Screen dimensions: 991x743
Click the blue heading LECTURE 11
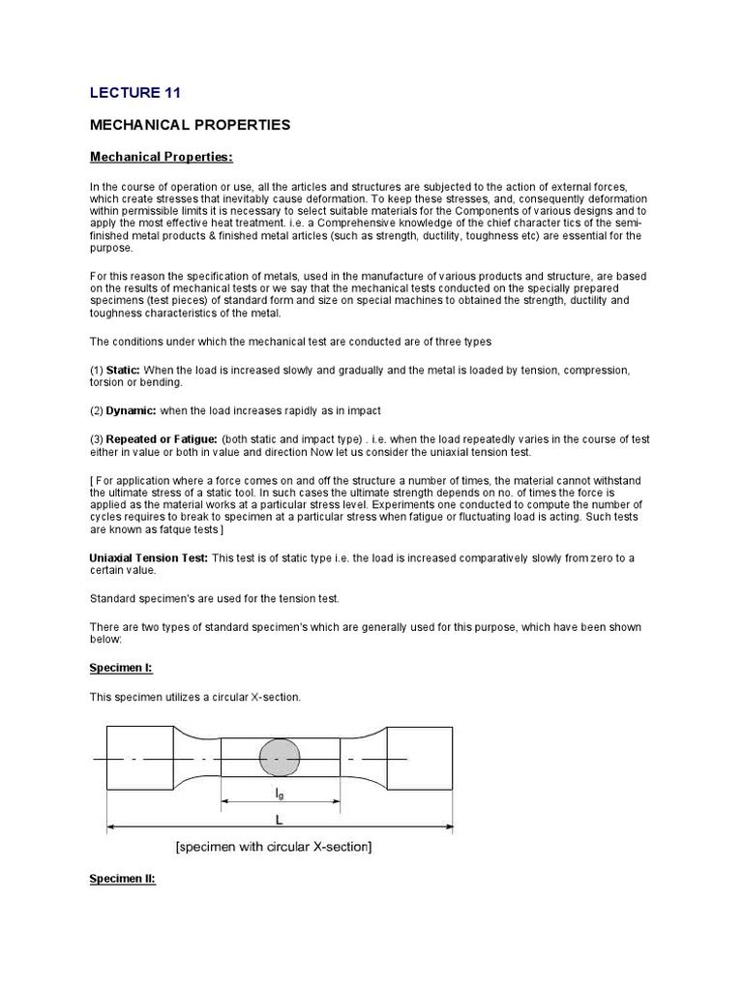[x=134, y=93]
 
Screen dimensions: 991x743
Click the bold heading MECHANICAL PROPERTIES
[x=190, y=126]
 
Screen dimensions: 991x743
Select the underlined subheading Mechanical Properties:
[x=162, y=157]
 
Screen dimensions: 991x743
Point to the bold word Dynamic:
[x=131, y=410]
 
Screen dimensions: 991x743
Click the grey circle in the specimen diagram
[x=281, y=759]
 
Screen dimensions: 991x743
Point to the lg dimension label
[x=280, y=793]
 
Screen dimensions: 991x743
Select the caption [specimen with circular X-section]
[x=274, y=848]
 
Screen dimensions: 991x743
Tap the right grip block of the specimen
[x=421, y=759]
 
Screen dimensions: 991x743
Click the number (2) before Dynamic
[x=97, y=410]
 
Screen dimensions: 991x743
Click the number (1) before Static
[x=97, y=371]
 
